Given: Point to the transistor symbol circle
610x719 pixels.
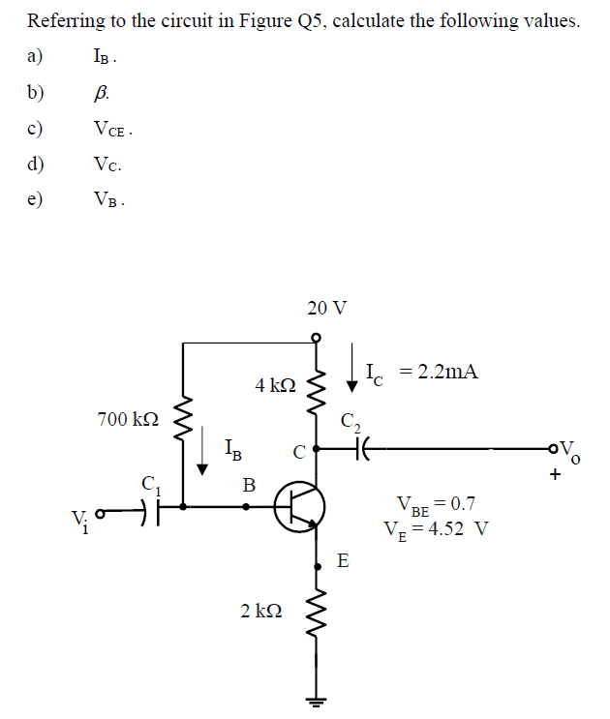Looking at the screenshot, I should [299, 507].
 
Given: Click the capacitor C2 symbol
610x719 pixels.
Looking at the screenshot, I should [362, 449].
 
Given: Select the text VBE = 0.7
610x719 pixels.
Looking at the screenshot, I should [436, 504].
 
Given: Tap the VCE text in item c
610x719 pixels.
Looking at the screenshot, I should [111, 129].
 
